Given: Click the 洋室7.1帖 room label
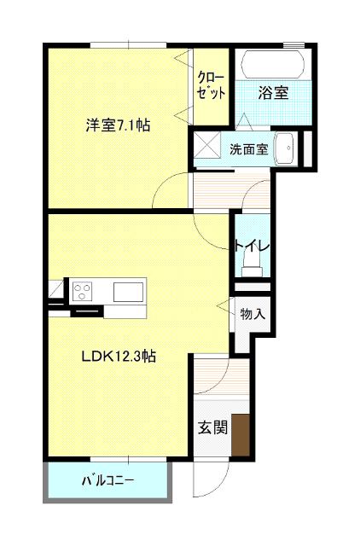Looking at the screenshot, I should (118, 125).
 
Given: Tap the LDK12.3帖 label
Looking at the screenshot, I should (118, 357).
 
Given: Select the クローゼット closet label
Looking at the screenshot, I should (211, 85).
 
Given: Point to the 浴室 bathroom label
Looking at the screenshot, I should (274, 91).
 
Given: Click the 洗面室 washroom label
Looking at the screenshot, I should (248, 148).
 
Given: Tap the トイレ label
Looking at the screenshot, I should (252, 247).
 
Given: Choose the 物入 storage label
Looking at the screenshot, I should (253, 314).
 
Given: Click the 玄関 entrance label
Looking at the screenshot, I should (213, 429).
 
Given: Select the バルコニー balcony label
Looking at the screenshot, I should (107, 481).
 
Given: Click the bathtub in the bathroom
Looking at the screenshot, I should (271, 65).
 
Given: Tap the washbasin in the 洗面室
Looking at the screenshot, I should (286, 148).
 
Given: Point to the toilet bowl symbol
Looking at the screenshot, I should (251, 270).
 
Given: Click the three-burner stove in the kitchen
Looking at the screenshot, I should (83, 291).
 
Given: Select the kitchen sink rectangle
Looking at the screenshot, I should (130, 291).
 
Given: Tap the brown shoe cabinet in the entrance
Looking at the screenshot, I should (241, 434).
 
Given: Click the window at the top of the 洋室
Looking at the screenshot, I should (128, 44).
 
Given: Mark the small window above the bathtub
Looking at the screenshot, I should (293, 44).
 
